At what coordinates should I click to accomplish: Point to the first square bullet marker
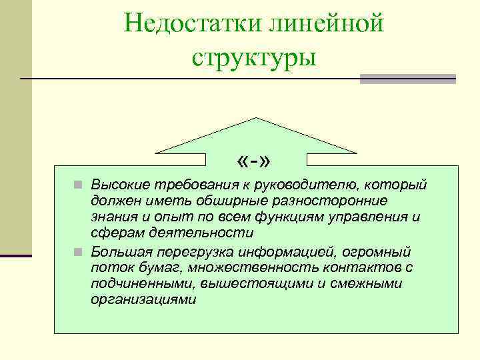point(78,185)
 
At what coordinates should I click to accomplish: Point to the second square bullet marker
point(78,253)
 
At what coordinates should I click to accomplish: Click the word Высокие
point(119,183)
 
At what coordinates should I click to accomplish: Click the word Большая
point(119,252)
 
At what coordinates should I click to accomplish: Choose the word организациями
point(143,299)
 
